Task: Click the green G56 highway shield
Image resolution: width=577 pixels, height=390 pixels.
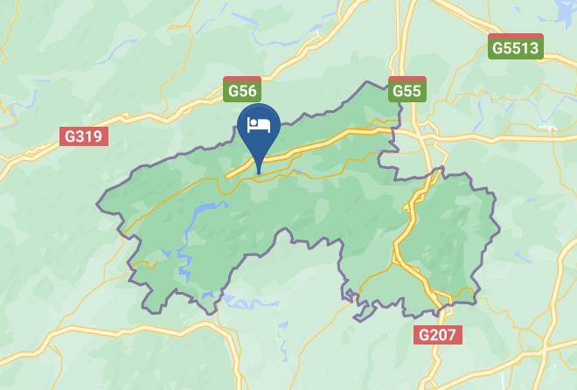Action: click(x=241, y=91)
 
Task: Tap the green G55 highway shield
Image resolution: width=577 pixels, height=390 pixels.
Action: click(x=407, y=91)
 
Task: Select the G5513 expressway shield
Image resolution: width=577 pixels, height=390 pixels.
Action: click(x=516, y=47)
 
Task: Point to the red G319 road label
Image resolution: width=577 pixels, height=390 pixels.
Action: click(x=83, y=136)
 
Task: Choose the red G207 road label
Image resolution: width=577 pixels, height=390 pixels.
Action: click(x=438, y=334)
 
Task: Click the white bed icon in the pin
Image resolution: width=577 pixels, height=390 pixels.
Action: click(x=259, y=124)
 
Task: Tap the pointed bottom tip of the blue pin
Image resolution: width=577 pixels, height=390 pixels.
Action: click(x=259, y=173)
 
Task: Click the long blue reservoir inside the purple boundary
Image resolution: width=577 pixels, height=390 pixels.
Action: click(x=206, y=210)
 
